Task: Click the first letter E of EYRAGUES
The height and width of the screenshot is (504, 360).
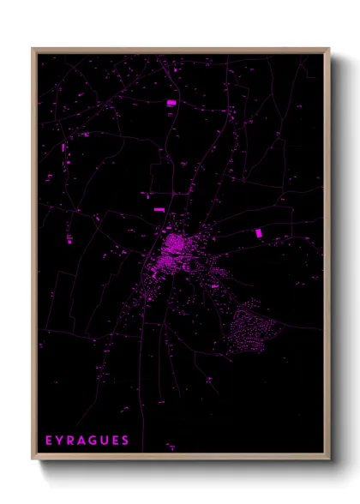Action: tap(49, 441)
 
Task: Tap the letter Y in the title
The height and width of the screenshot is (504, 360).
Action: tap(60, 441)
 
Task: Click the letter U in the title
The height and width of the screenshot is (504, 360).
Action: tap(105, 441)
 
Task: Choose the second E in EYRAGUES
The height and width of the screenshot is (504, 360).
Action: tap(116, 441)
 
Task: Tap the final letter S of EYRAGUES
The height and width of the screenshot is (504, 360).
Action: tap(126, 441)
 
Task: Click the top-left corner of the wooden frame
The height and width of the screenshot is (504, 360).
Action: tap(33, 49)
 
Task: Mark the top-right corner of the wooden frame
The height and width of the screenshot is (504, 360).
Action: tap(329, 49)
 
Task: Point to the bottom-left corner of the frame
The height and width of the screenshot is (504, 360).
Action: tap(33, 459)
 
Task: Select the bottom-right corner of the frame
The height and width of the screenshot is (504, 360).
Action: tap(329, 459)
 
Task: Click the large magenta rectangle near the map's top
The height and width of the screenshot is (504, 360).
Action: tap(171, 103)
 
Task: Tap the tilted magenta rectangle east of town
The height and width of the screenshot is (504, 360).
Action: tap(259, 232)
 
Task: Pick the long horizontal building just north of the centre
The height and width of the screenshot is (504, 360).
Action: tap(159, 209)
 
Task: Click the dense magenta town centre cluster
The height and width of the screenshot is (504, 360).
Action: tap(177, 249)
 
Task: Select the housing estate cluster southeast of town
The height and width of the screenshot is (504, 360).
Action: tap(251, 326)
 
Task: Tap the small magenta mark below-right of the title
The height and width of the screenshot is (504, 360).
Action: tap(171, 447)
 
